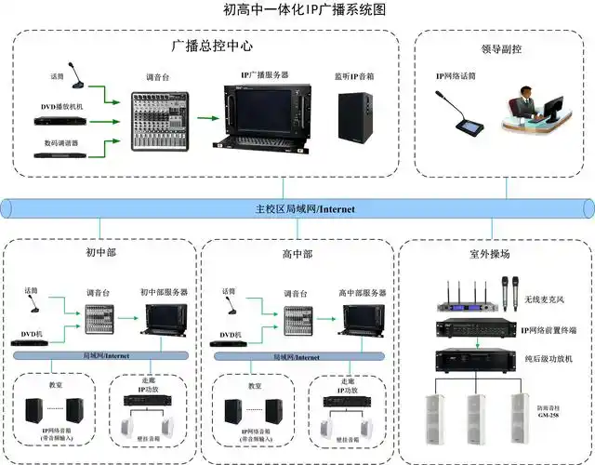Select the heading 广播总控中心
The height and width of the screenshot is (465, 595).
pos(212,45)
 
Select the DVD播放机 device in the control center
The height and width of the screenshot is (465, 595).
pos(62,119)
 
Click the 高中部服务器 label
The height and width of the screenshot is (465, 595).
pos(362,292)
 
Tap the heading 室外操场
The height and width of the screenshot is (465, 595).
pos(490,253)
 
